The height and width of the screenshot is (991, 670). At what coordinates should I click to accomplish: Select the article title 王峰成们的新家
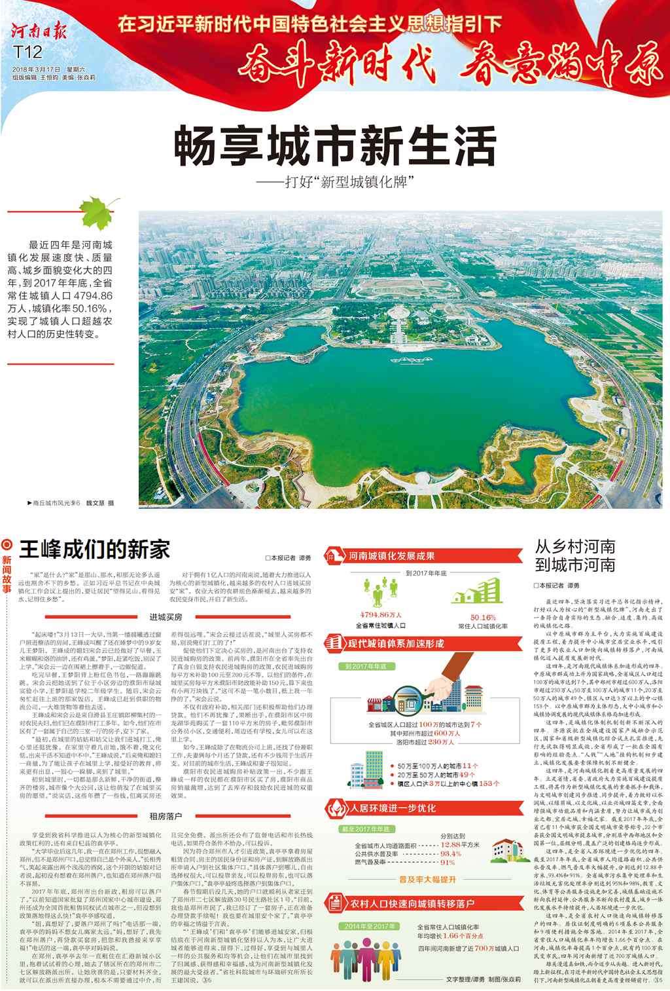click(x=95, y=548)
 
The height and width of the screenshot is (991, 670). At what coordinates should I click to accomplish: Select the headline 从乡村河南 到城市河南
click(x=575, y=555)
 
